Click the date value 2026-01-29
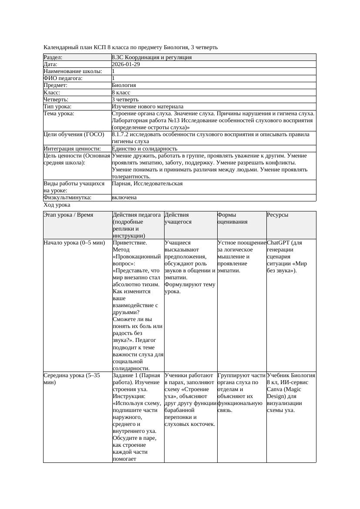pyautogui.click(x=126, y=64)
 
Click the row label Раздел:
pyautogui.click(x=53, y=57)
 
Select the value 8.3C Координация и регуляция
pyautogui.click(x=151, y=57)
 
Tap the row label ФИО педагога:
pyautogui.click(x=63, y=78)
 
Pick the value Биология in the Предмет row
pyautogui.click(x=124, y=85)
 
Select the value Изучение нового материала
pyautogui.click(x=148, y=106)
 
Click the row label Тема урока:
pyautogui.click(x=59, y=114)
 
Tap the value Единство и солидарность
pyautogui.click(x=145, y=149)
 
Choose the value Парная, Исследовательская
pyautogui.click(x=147, y=184)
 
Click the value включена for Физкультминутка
pyautogui.click(x=124, y=198)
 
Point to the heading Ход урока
pyautogui.click(x=57, y=204)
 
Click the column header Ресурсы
pyautogui.click(x=278, y=215)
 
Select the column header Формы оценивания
pyautogui.click(x=232, y=218)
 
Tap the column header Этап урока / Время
pyautogui.click(x=68, y=215)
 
